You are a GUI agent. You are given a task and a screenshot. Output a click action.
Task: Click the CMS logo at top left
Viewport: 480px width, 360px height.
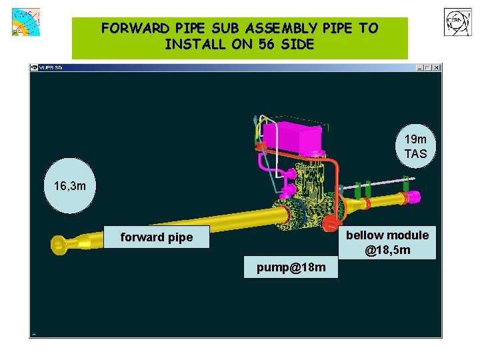tap(25, 22)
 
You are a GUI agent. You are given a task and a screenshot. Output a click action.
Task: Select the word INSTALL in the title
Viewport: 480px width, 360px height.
tap(192, 45)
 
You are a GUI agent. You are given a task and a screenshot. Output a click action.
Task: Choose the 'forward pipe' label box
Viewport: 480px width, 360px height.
tap(157, 237)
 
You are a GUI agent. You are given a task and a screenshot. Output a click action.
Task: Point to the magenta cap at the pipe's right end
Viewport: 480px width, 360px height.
tap(413, 197)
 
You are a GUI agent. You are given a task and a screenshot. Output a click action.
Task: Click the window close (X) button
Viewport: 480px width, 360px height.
tap(437, 67)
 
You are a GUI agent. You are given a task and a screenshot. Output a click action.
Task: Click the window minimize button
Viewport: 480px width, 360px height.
tap(421, 67)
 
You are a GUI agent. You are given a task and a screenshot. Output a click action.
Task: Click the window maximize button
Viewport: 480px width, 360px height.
tap(429, 67)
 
